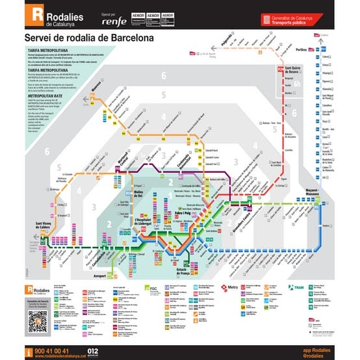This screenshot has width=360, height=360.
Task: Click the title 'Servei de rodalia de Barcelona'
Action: (89, 38)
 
